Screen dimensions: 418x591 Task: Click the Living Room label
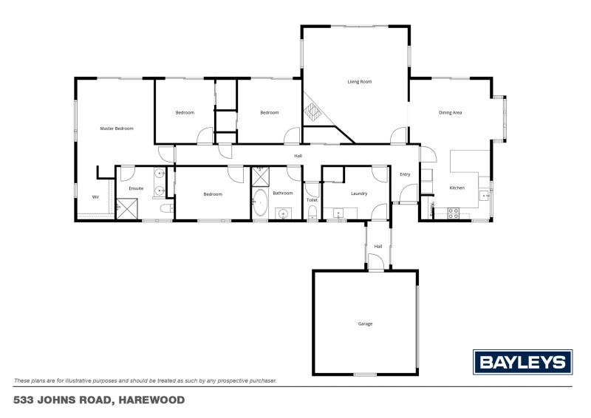pos(359,82)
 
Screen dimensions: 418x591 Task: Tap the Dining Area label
pos(450,113)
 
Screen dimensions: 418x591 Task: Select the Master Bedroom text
pos(117,129)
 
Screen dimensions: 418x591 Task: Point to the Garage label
pos(365,323)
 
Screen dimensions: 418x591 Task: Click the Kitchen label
pos(457,188)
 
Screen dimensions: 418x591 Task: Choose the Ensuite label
pos(136,189)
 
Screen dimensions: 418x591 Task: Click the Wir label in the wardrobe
pos(95,197)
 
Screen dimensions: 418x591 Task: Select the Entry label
pos(405,174)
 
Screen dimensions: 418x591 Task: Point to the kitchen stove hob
pos(454,213)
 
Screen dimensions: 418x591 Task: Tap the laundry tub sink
pos(338,213)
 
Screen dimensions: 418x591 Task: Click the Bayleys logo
pos(522,362)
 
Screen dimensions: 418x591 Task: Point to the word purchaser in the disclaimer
pos(261,381)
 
